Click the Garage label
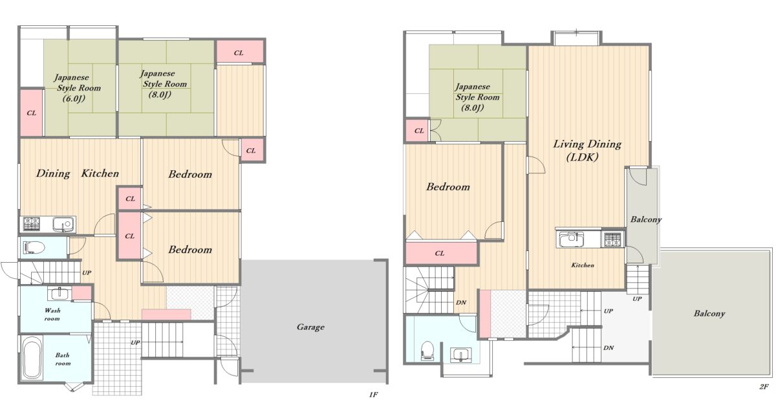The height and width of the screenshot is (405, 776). tap(310, 327)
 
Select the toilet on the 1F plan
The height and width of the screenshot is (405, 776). tap(34, 248)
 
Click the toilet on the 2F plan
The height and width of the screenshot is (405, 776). tap(427, 350)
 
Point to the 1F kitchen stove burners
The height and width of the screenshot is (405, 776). tap(32, 224)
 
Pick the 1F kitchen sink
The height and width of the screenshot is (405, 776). tap(63, 224)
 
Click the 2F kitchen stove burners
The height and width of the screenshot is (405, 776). tap(613, 239)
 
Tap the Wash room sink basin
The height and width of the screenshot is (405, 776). tap(60, 294)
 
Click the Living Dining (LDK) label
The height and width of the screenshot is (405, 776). tap(587, 150)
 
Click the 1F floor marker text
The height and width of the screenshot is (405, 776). tap(373, 394)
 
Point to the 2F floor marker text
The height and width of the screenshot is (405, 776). tap(764, 387)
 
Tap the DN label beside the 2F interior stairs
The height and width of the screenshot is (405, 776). tap(460, 302)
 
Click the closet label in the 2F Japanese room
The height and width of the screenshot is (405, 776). tap(419, 131)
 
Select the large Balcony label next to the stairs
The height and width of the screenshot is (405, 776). tap(709, 314)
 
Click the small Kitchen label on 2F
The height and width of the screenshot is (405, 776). tap(583, 265)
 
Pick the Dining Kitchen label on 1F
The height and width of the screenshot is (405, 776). tap(77, 173)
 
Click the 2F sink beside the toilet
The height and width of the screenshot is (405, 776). tap(460, 355)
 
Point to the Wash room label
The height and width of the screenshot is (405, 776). tap(52, 314)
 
